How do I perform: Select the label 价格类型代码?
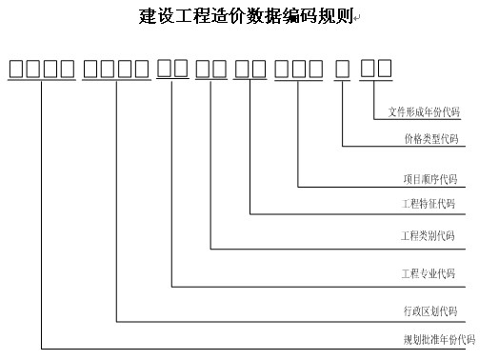tap(430, 139)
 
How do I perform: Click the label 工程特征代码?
tap(429, 204)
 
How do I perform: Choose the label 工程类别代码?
tap(429, 235)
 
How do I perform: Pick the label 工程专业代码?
tap(429, 274)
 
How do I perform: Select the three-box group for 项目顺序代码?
tap(298, 69)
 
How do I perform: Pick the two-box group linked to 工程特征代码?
tap(250, 69)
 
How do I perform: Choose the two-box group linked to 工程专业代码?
tap(172, 69)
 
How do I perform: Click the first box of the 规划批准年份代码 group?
tap(16, 69)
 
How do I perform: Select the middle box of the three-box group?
tap(298, 69)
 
